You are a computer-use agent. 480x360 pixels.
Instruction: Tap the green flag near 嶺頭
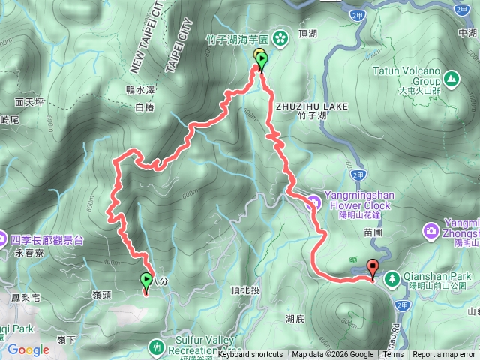145,281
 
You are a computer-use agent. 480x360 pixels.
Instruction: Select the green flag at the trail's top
261,60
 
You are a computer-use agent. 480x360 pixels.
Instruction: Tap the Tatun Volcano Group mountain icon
451,77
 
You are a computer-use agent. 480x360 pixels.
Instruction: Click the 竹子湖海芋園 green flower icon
280,36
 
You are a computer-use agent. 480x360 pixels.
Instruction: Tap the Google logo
28,349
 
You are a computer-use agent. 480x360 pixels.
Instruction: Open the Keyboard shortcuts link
250,355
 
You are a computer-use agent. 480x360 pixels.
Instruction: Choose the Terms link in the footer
393,355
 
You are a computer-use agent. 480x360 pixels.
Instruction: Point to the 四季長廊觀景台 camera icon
4,241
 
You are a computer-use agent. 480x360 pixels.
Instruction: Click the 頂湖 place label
308,34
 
